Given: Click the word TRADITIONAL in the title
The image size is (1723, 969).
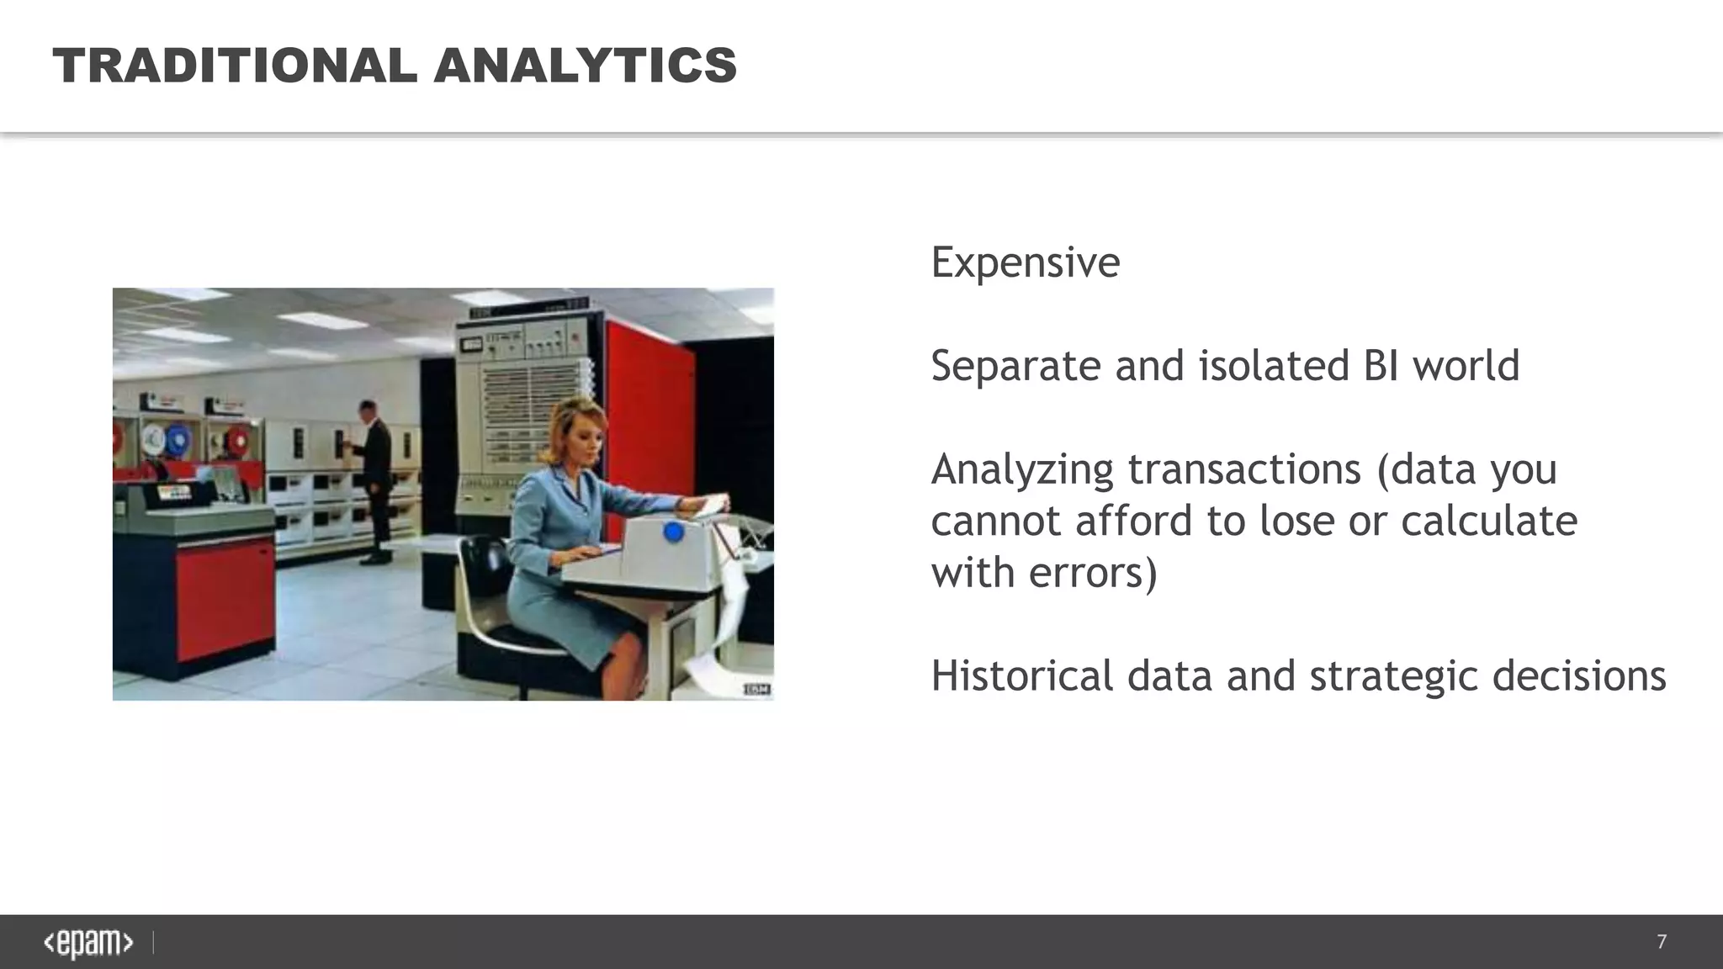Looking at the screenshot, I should (x=235, y=66).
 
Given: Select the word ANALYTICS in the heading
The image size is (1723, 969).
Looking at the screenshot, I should (x=586, y=66).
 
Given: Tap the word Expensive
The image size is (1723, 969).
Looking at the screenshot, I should (x=1025, y=262).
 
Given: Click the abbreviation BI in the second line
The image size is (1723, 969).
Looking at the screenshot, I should (x=1376, y=366).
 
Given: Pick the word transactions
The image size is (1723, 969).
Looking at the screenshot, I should (x=1243, y=469).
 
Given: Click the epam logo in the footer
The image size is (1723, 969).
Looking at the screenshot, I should (x=88, y=943).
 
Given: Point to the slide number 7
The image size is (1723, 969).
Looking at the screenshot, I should (x=1661, y=942).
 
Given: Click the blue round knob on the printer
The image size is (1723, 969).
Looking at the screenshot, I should (x=673, y=532).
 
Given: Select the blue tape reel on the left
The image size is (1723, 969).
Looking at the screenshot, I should (x=178, y=440).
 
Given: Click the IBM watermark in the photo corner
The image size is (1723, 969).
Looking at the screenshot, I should (x=756, y=690).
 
